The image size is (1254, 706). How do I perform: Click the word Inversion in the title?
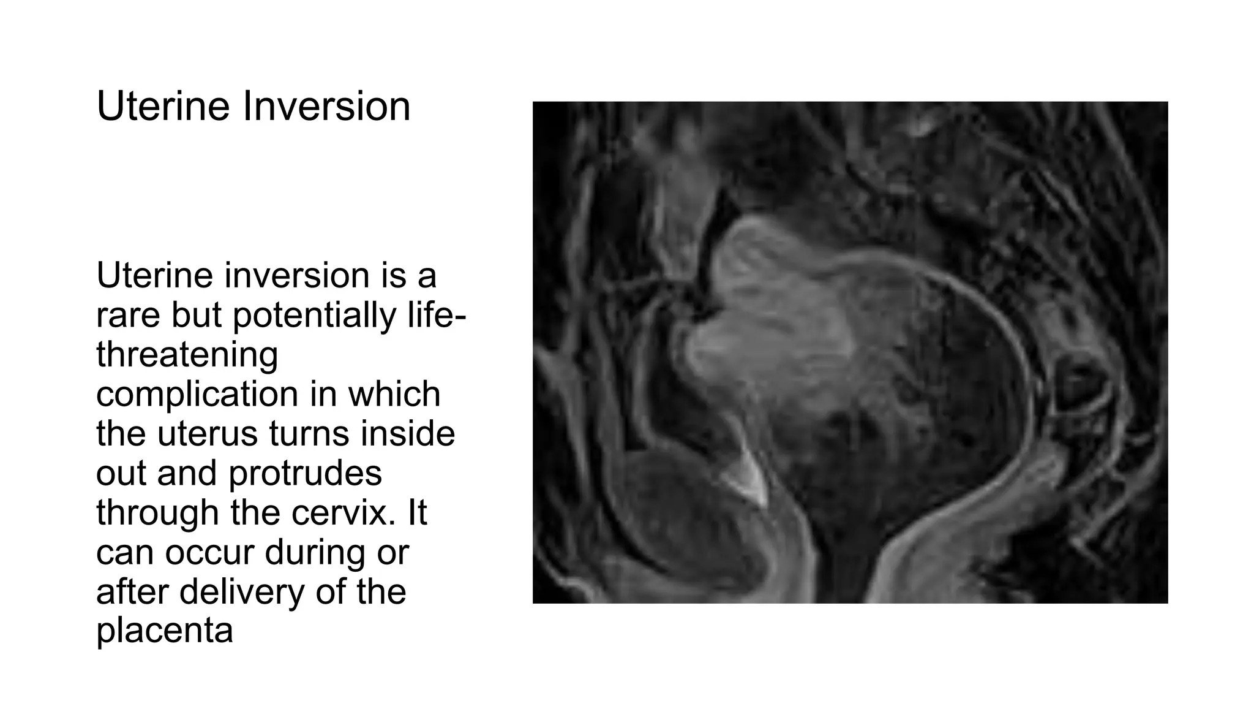pyautogui.click(x=326, y=107)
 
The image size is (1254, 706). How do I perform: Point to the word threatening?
pyautogui.click(x=187, y=355)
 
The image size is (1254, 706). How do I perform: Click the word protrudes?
pyautogui.click(x=306, y=473)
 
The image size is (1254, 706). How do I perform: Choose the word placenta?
pyautogui.click(x=165, y=631)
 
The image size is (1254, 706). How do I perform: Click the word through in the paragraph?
pyautogui.click(x=157, y=512)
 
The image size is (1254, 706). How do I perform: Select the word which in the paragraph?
pyautogui.click(x=395, y=394)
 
